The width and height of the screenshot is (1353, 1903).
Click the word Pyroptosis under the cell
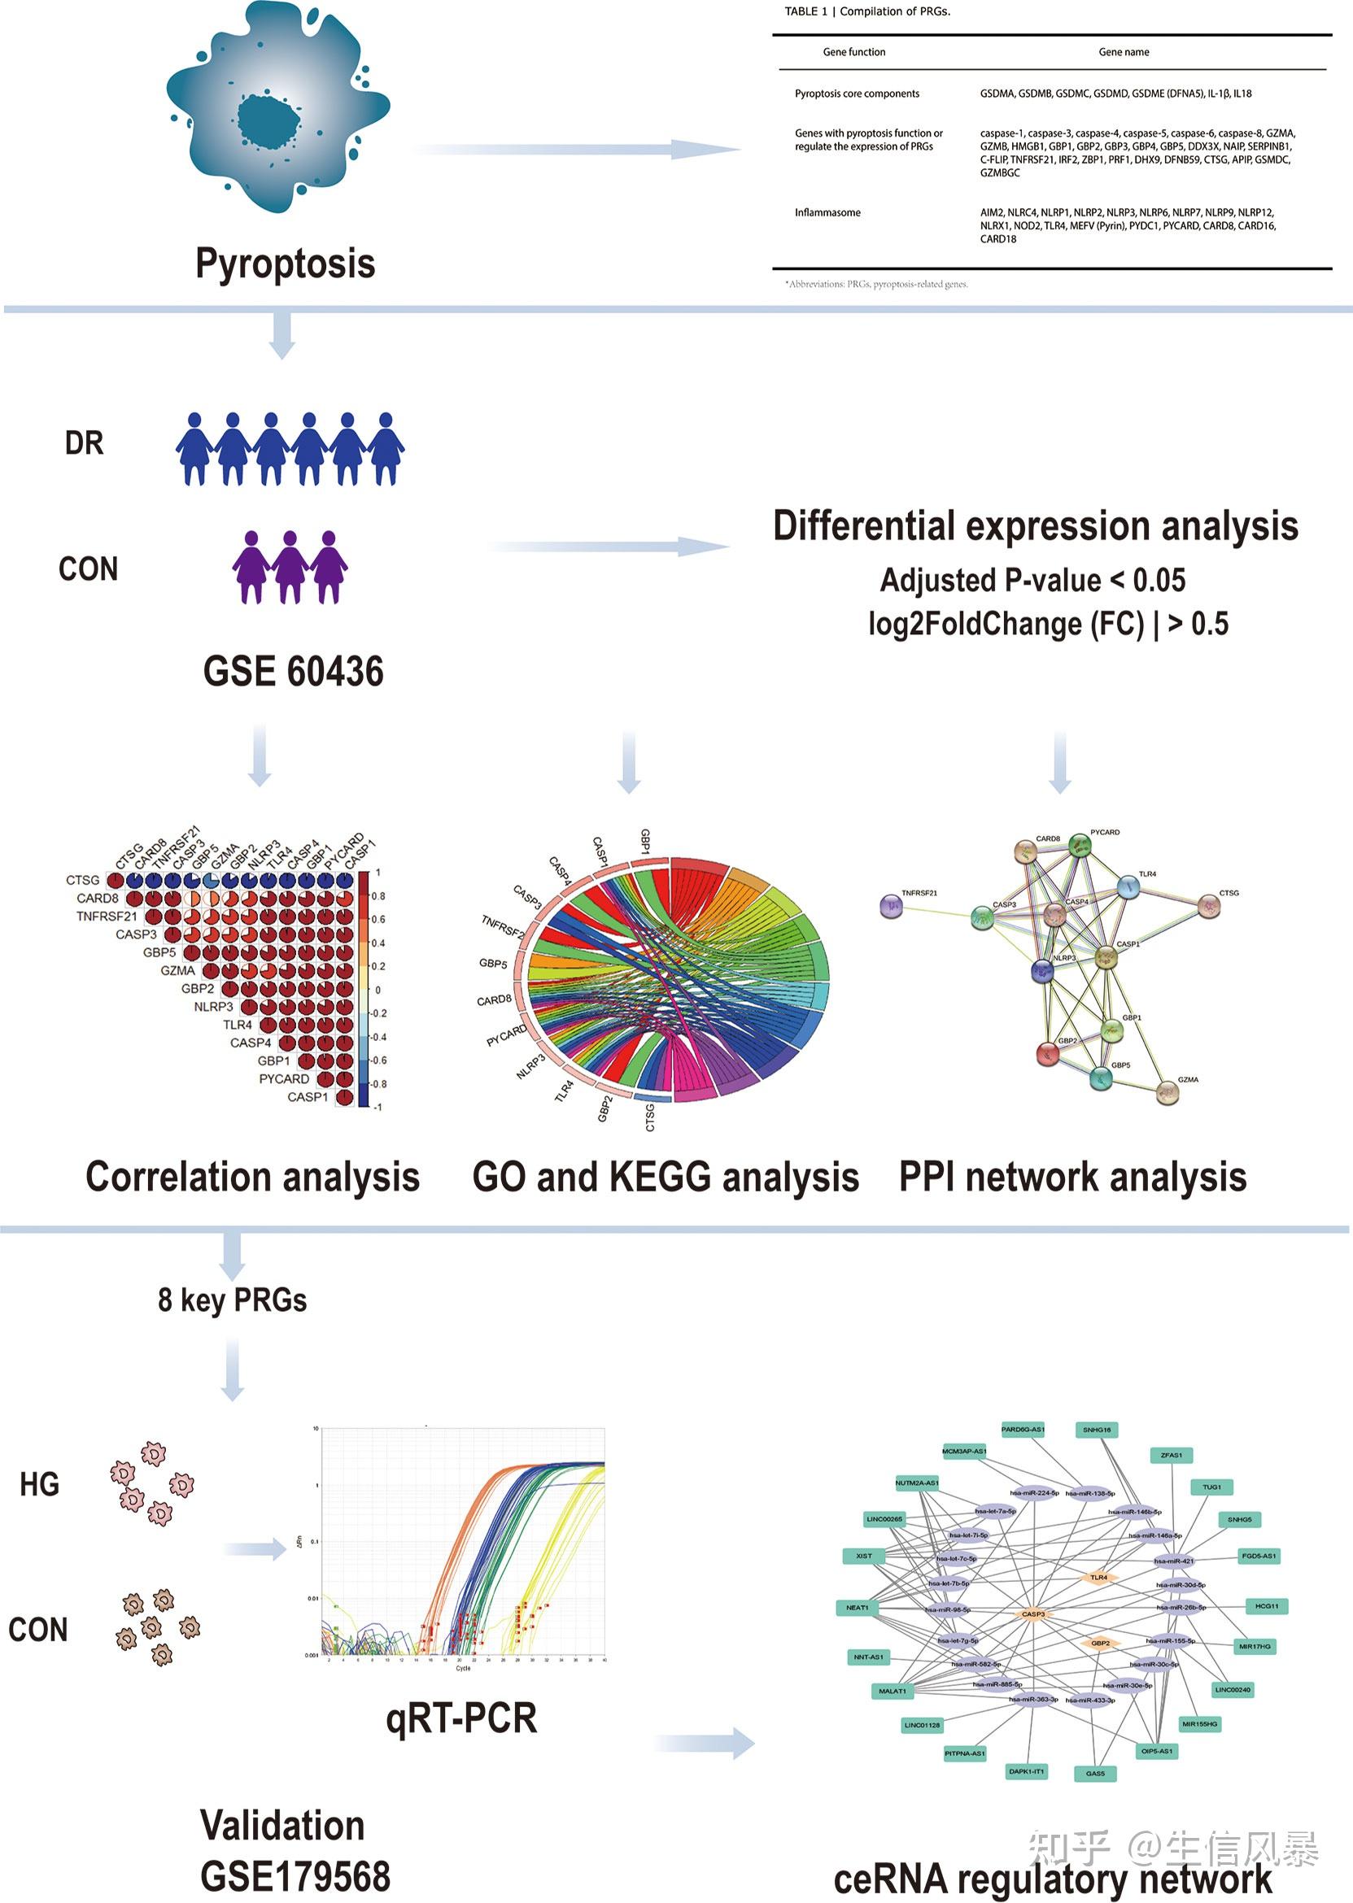(x=285, y=263)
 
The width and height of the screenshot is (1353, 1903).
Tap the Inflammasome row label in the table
(x=827, y=213)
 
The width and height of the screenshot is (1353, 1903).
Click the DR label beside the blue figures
(x=84, y=443)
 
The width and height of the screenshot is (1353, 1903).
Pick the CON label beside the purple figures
(x=89, y=569)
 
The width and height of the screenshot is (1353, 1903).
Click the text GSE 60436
(x=293, y=672)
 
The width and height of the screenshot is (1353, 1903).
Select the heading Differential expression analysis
(x=1035, y=526)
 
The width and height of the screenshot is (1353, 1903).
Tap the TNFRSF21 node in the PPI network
(x=892, y=905)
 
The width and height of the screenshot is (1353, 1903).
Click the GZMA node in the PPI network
(x=1168, y=1092)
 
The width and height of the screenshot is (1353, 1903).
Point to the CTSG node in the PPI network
(x=1209, y=906)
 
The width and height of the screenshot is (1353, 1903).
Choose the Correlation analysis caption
(x=252, y=1177)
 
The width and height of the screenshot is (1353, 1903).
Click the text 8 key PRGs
(x=233, y=1300)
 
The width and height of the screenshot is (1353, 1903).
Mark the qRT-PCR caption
(x=460, y=1718)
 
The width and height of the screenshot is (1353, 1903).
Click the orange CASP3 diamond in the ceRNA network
(x=1033, y=1614)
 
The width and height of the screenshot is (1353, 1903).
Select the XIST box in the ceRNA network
(x=864, y=1556)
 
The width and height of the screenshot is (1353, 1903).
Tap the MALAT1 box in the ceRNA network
(x=893, y=1691)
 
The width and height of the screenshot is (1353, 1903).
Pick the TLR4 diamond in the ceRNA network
(x=1099, y=1578)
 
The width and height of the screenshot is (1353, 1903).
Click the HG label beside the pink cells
(x=40, y=1484)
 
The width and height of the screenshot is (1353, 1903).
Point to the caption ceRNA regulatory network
(x=1052, y=1879)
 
